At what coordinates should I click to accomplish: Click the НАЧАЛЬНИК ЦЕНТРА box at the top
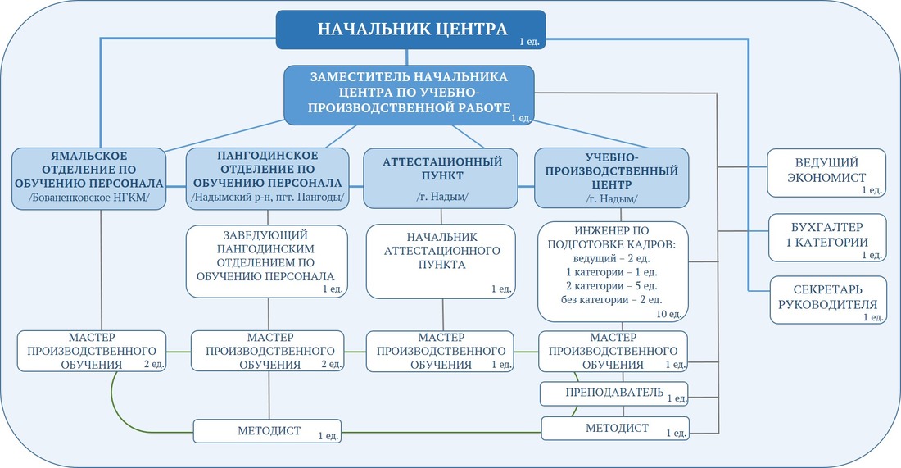(x=410, y=30)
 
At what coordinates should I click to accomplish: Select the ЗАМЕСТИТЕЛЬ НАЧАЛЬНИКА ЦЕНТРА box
(x=409, y=95)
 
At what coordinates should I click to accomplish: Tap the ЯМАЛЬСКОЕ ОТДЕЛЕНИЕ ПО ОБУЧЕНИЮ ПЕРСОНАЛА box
(x=89, y=178)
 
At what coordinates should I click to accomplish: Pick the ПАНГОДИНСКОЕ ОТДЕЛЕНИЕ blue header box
(x=267, y=178)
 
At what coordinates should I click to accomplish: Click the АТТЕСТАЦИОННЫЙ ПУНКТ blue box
(x=441, y=178)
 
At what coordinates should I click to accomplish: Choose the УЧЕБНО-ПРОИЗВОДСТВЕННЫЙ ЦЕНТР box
(x=611, y=178)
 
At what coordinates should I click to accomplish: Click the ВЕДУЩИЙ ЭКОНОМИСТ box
(x=826, y=172)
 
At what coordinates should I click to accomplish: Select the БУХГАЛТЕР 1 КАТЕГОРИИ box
(x=827, y=238)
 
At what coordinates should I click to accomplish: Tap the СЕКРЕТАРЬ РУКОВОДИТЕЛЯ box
(x=827, y=299)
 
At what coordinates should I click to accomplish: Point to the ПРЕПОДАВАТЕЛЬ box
(x=613, y=394)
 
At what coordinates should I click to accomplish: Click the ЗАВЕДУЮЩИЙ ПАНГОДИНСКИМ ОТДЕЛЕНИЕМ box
(x=267, y=261)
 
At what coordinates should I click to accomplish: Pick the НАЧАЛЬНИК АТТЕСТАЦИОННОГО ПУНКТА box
(x=441, y=261)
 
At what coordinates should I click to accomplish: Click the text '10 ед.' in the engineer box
(x=669, y=315)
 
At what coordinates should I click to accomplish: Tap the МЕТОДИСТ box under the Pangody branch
(x=267, y=431)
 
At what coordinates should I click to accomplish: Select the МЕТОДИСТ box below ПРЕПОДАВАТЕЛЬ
(x=615, y=429)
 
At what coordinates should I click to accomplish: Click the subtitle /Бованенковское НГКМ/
(x=88, y=198)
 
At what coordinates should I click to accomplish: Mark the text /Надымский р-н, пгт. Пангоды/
(x=267, y=198)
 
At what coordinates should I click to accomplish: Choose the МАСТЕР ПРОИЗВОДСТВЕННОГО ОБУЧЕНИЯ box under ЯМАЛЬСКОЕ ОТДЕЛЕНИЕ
(x=92, y=351)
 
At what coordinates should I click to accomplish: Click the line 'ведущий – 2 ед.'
(x=611, y=258)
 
